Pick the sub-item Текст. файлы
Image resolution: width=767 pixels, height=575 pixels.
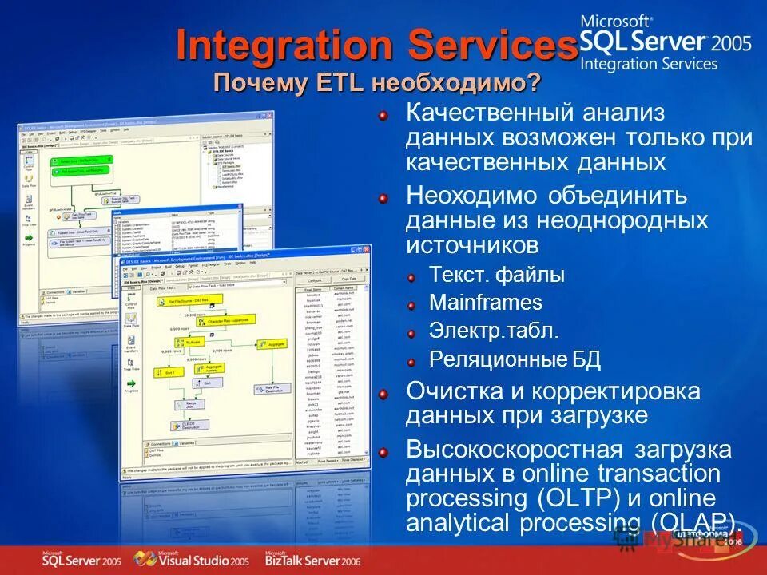[x=496, y=275]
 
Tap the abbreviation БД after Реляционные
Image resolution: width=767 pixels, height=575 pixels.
[x=586, y=359]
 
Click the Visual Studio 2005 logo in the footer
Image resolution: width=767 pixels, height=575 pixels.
[x=192, y=559]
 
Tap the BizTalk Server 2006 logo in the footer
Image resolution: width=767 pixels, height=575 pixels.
[x=312, y=559]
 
